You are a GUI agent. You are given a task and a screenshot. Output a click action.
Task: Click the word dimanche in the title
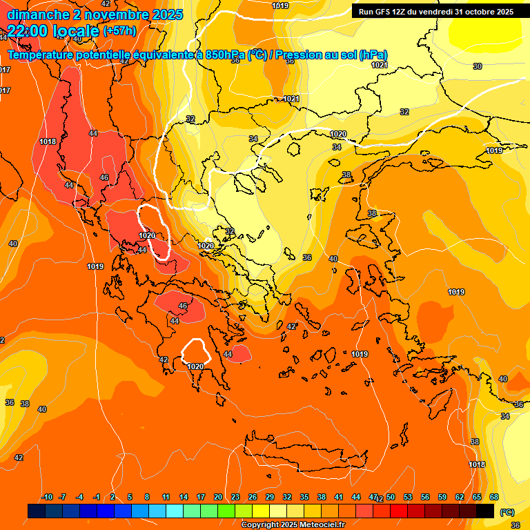[35, 14]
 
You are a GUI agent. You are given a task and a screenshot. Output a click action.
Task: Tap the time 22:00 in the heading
[27, 31]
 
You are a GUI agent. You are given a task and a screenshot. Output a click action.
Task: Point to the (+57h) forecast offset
[119, 31]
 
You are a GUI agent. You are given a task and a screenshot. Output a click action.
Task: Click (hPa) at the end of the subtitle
[373, 55]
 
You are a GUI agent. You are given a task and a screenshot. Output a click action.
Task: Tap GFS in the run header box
[384, 12]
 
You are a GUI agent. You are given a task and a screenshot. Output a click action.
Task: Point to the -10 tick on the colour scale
[47, 498]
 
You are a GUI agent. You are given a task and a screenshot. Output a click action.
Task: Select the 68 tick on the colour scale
[494, 498]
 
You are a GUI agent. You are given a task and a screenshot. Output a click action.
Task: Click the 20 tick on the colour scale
[218, 498]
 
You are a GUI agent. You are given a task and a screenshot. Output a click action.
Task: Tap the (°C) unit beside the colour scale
[507, 512]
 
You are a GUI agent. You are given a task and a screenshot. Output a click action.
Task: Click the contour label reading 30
[478, 66]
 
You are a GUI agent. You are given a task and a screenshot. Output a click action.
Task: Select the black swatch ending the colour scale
[485, 511]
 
